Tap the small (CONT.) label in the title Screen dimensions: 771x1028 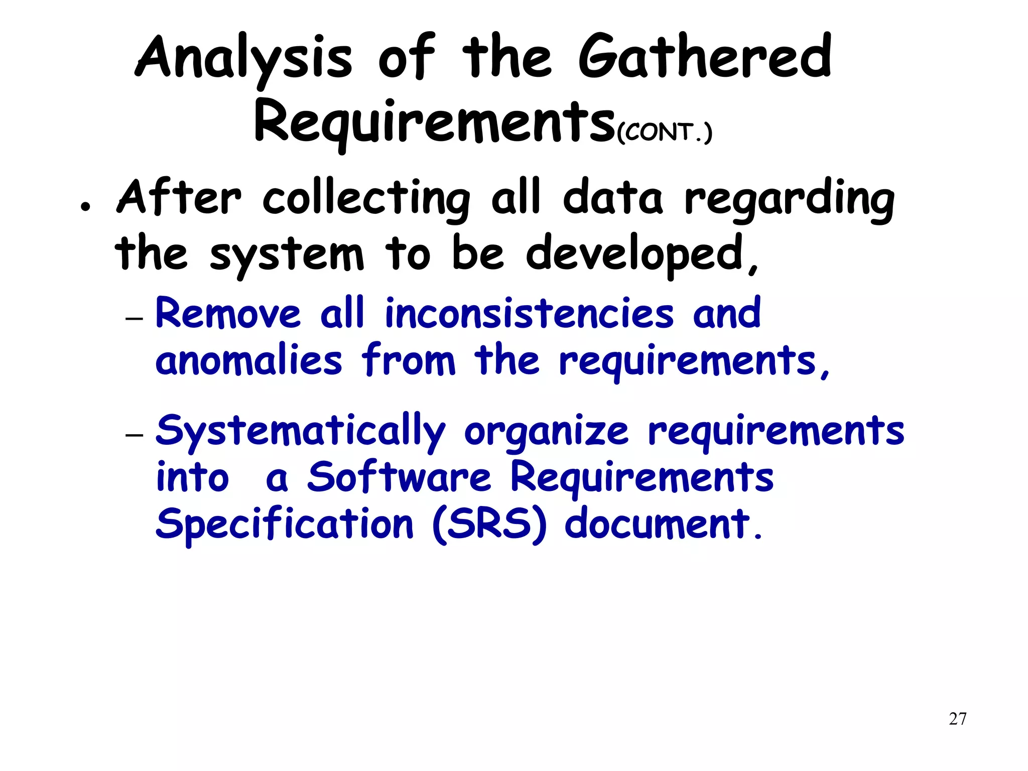[x=664, y=133]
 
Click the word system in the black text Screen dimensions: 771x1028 [x=287, y=255]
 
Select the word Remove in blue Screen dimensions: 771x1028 [x=228, y=313]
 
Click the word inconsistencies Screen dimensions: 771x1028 [x=530, y=313]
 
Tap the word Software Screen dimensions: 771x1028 [x=399, y=477]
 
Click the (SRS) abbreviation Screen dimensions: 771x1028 [x=489, y=525]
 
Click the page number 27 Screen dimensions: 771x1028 [x=958, y=719]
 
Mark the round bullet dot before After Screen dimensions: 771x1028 [x=86, y=206]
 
